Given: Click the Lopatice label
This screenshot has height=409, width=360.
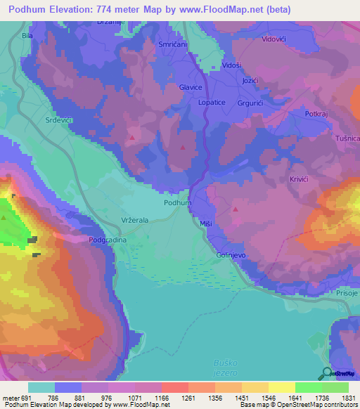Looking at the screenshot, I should [212, 102].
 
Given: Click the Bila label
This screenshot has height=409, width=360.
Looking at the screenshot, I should [28, 34].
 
